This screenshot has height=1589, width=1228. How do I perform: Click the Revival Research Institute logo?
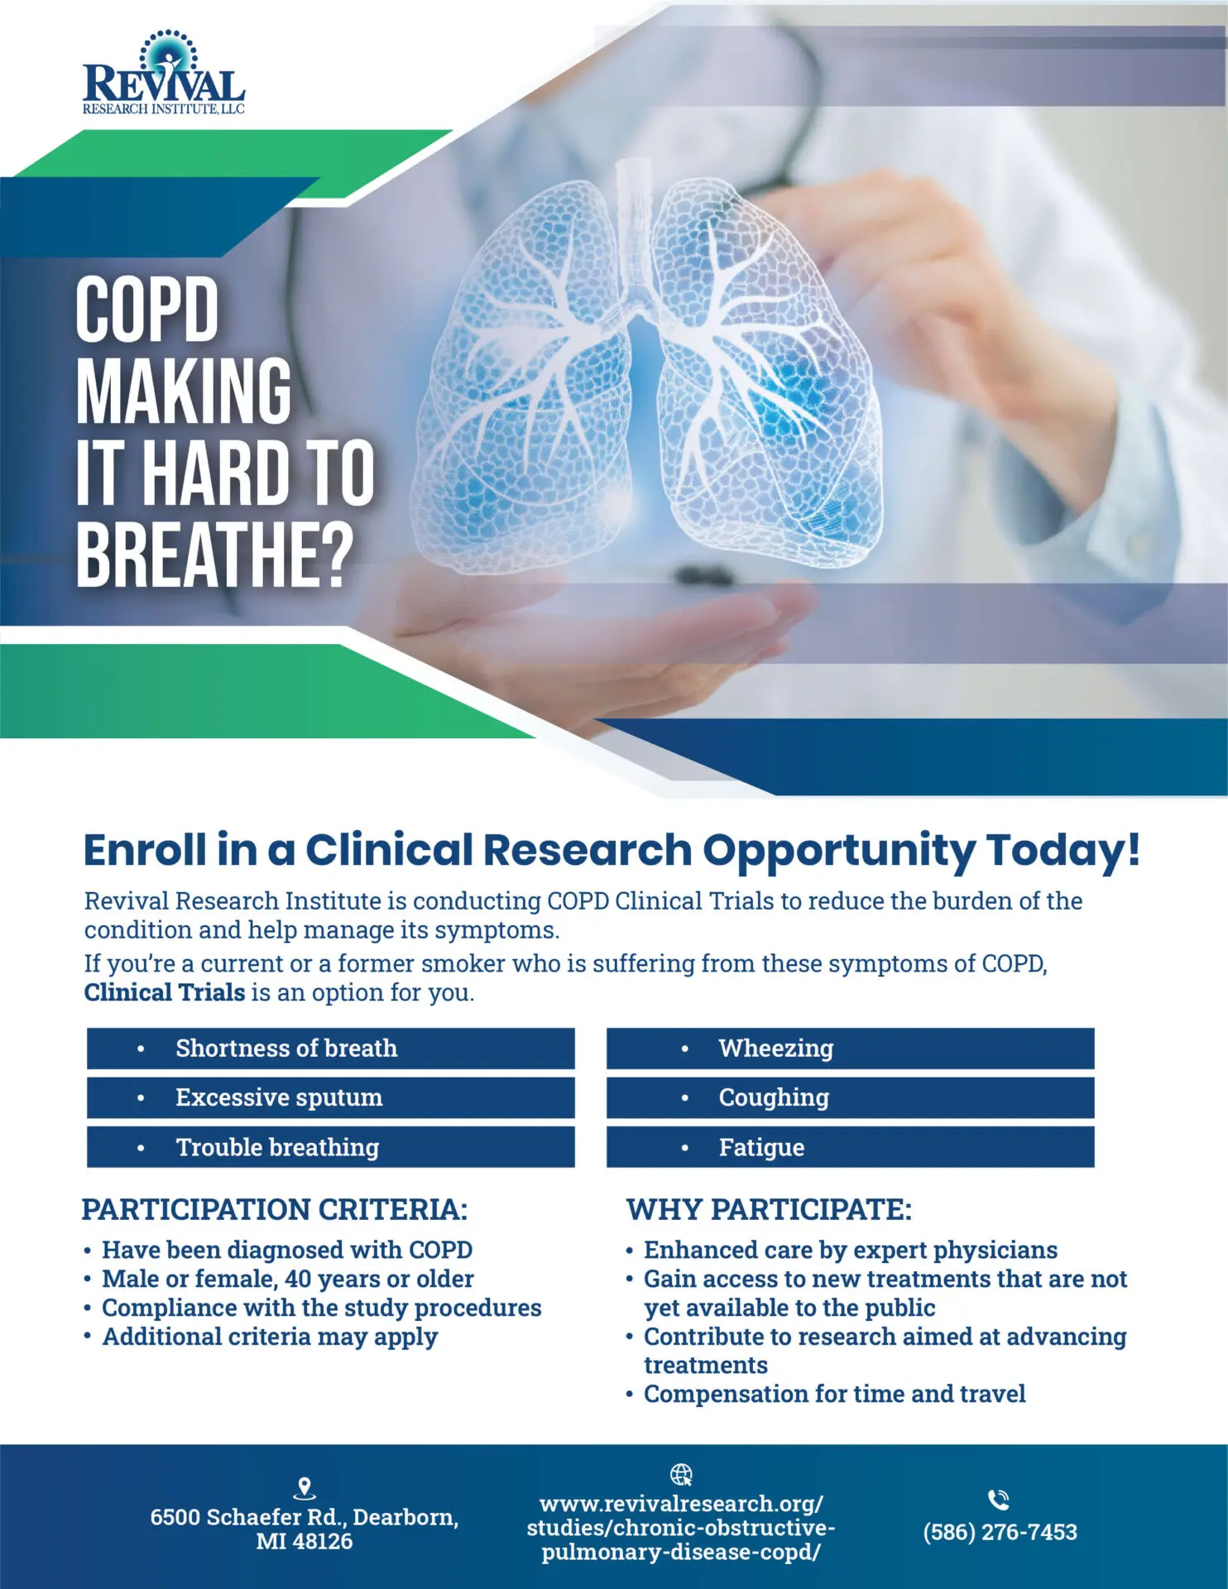tap(164, 73)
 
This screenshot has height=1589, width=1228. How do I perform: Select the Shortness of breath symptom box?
tap(330, 1049)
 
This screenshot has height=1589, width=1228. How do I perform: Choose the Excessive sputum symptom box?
tap(330, 1097)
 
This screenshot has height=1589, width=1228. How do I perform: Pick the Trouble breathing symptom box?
tap(330, 1147)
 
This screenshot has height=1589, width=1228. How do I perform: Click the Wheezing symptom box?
tap(850, 1049)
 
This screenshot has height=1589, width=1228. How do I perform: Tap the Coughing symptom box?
tap(850, 1097)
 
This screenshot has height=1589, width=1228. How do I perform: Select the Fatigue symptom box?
tap(850, 1147)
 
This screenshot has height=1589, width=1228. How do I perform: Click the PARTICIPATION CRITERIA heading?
tap(275, 1210)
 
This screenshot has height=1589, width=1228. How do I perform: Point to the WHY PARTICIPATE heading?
tap(769, 1210)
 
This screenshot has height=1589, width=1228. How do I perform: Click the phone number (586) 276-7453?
tap(1000, 1532)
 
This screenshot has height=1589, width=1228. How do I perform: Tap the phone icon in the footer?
tap(999, 1500)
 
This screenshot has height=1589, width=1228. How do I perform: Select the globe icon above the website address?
tap(681, 1475)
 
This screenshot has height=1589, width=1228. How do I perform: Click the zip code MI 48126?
tap(305, 1542)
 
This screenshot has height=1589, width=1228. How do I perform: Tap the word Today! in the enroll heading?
tap(1063, 850)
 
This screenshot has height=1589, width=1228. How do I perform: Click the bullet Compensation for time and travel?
tap(835, 1395)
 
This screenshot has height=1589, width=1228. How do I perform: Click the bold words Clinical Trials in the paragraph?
tap(165, 992)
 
